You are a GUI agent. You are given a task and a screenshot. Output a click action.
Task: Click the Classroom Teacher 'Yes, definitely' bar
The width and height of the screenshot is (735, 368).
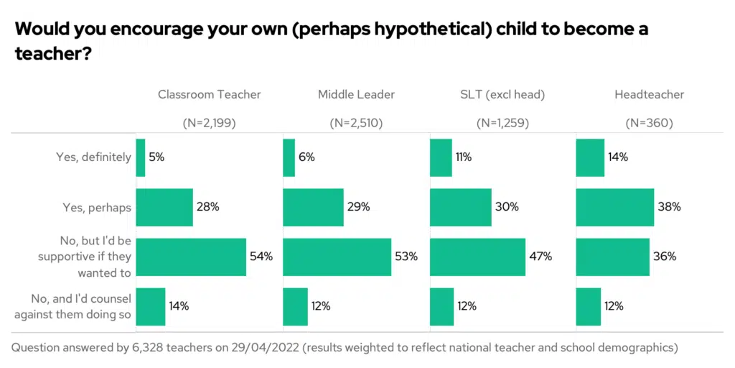[141, 157]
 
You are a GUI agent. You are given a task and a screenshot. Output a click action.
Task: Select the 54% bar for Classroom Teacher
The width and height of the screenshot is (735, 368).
[191, 257]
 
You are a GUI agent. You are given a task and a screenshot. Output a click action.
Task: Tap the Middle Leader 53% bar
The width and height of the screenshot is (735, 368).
[337, 257]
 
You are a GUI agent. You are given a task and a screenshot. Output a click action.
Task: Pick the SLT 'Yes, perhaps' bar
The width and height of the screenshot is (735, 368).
[461, 207]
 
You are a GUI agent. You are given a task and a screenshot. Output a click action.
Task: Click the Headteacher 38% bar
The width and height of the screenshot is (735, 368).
[615, 207]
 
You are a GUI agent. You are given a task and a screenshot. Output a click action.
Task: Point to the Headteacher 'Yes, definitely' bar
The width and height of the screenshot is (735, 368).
[591, 157]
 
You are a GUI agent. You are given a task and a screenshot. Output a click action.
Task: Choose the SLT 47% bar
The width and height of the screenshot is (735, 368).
[478, 257]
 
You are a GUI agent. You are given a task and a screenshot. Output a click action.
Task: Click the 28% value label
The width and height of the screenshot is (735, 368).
[208, 207]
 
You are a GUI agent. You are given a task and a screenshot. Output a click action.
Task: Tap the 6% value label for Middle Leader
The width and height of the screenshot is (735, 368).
[307, 157]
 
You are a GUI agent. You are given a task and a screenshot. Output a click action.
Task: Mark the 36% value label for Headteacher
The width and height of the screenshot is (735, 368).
[665, 257]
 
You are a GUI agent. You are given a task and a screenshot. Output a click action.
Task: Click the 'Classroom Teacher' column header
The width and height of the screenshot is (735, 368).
[210, 94]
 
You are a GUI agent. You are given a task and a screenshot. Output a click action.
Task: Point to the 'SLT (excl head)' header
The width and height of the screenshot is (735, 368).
[503, 94]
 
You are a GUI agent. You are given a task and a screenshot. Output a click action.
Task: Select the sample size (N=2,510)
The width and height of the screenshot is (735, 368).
[356, 123]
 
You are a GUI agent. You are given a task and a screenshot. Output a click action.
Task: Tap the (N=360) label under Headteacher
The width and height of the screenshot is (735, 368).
[650, 123]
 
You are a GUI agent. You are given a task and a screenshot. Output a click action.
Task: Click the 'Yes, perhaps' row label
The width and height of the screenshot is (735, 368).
[94, 208]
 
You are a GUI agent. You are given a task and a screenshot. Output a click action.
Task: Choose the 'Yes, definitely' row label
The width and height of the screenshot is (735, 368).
[94, 157]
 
